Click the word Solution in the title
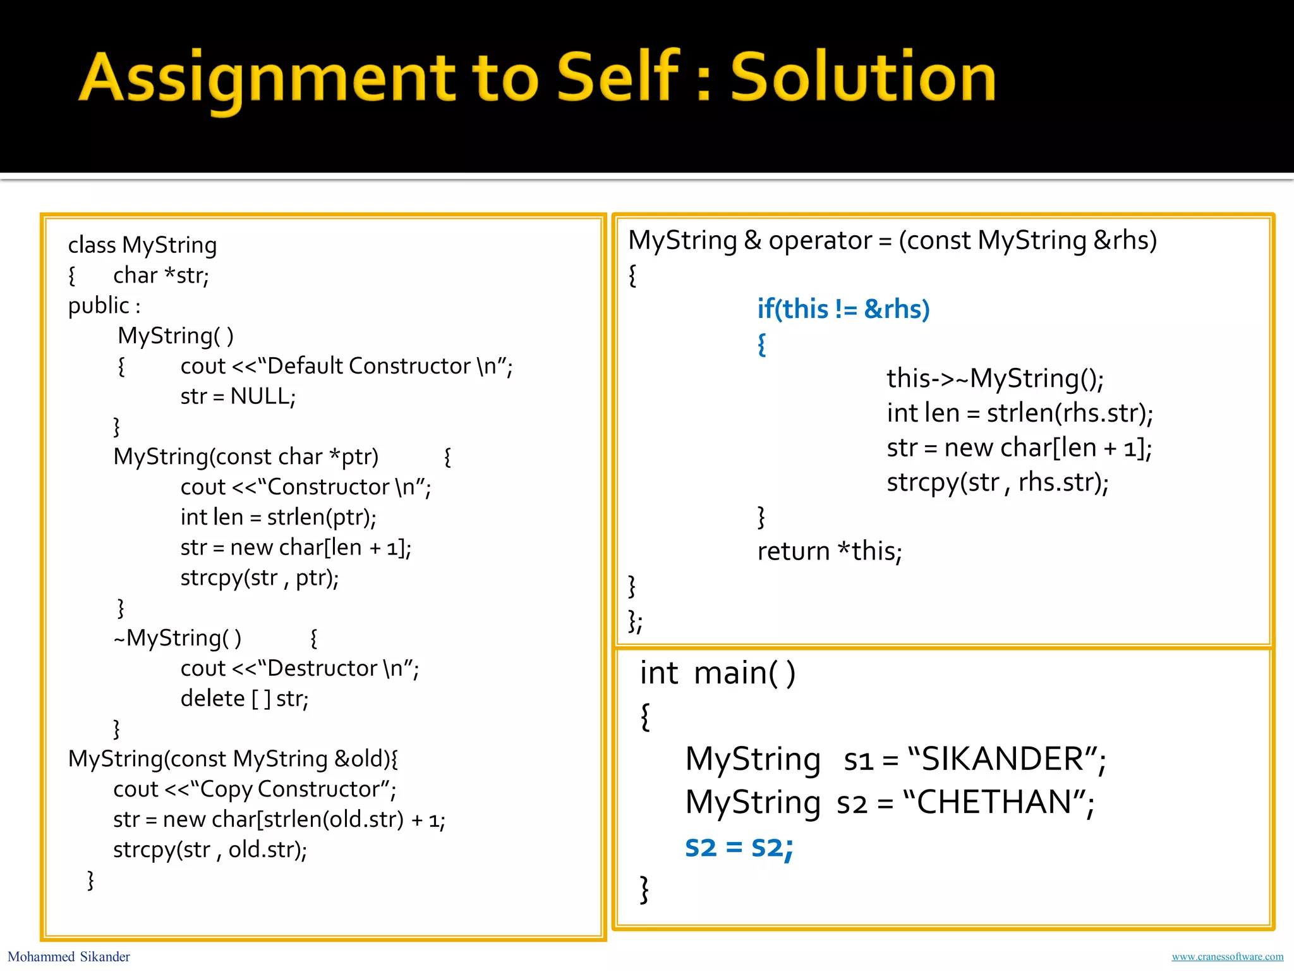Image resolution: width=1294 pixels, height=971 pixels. tap(862, 77)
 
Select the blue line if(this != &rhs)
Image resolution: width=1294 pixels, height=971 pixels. tap(843, 309)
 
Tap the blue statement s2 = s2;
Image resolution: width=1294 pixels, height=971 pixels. tap(739, 847)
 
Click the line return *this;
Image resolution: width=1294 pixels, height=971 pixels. tap(829, 551)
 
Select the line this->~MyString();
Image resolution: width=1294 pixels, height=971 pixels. tap(995, 378)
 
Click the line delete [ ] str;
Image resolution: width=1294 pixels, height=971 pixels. tap(244, 699)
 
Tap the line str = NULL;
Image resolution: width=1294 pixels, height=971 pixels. tap(238, 396)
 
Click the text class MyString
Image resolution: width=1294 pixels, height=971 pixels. tap(142, 245)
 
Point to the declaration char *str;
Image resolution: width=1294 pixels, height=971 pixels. tap(160, 276)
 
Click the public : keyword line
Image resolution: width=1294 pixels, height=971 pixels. tap(104, 306)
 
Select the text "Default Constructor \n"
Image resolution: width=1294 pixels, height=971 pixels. tap(385, 366)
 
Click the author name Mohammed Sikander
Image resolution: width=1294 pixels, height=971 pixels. tap(68, 956)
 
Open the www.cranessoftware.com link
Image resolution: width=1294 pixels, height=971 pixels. tap(1227, 956)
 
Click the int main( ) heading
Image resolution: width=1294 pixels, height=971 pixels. tap(717, 673)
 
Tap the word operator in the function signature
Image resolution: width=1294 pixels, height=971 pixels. tap(819, 240)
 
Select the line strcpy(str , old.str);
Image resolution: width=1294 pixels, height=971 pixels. tap(210, 850)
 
